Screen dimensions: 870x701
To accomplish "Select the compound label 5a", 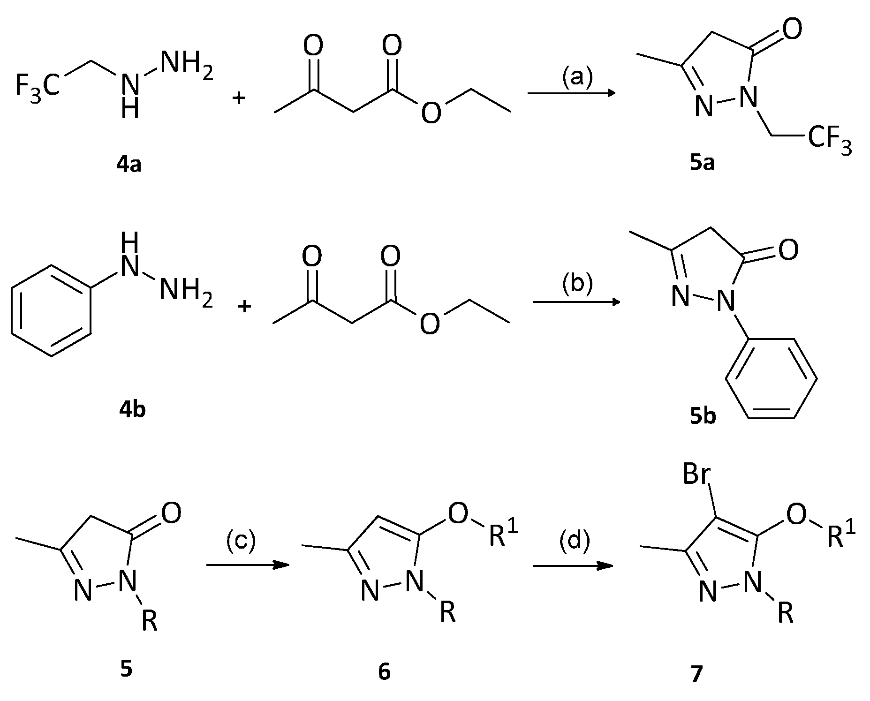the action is [702, 164].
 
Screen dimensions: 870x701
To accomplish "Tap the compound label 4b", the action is [132, 410].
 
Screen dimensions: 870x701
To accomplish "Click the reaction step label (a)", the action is [577, 76].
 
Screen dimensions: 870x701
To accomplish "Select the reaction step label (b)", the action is [577, 284].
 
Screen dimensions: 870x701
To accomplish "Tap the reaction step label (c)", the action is [241, 541].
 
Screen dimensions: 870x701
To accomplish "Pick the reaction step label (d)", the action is [574, 541].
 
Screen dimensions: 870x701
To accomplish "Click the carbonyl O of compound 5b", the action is [787, 250].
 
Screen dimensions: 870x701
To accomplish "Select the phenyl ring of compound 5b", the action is [771, 378].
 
